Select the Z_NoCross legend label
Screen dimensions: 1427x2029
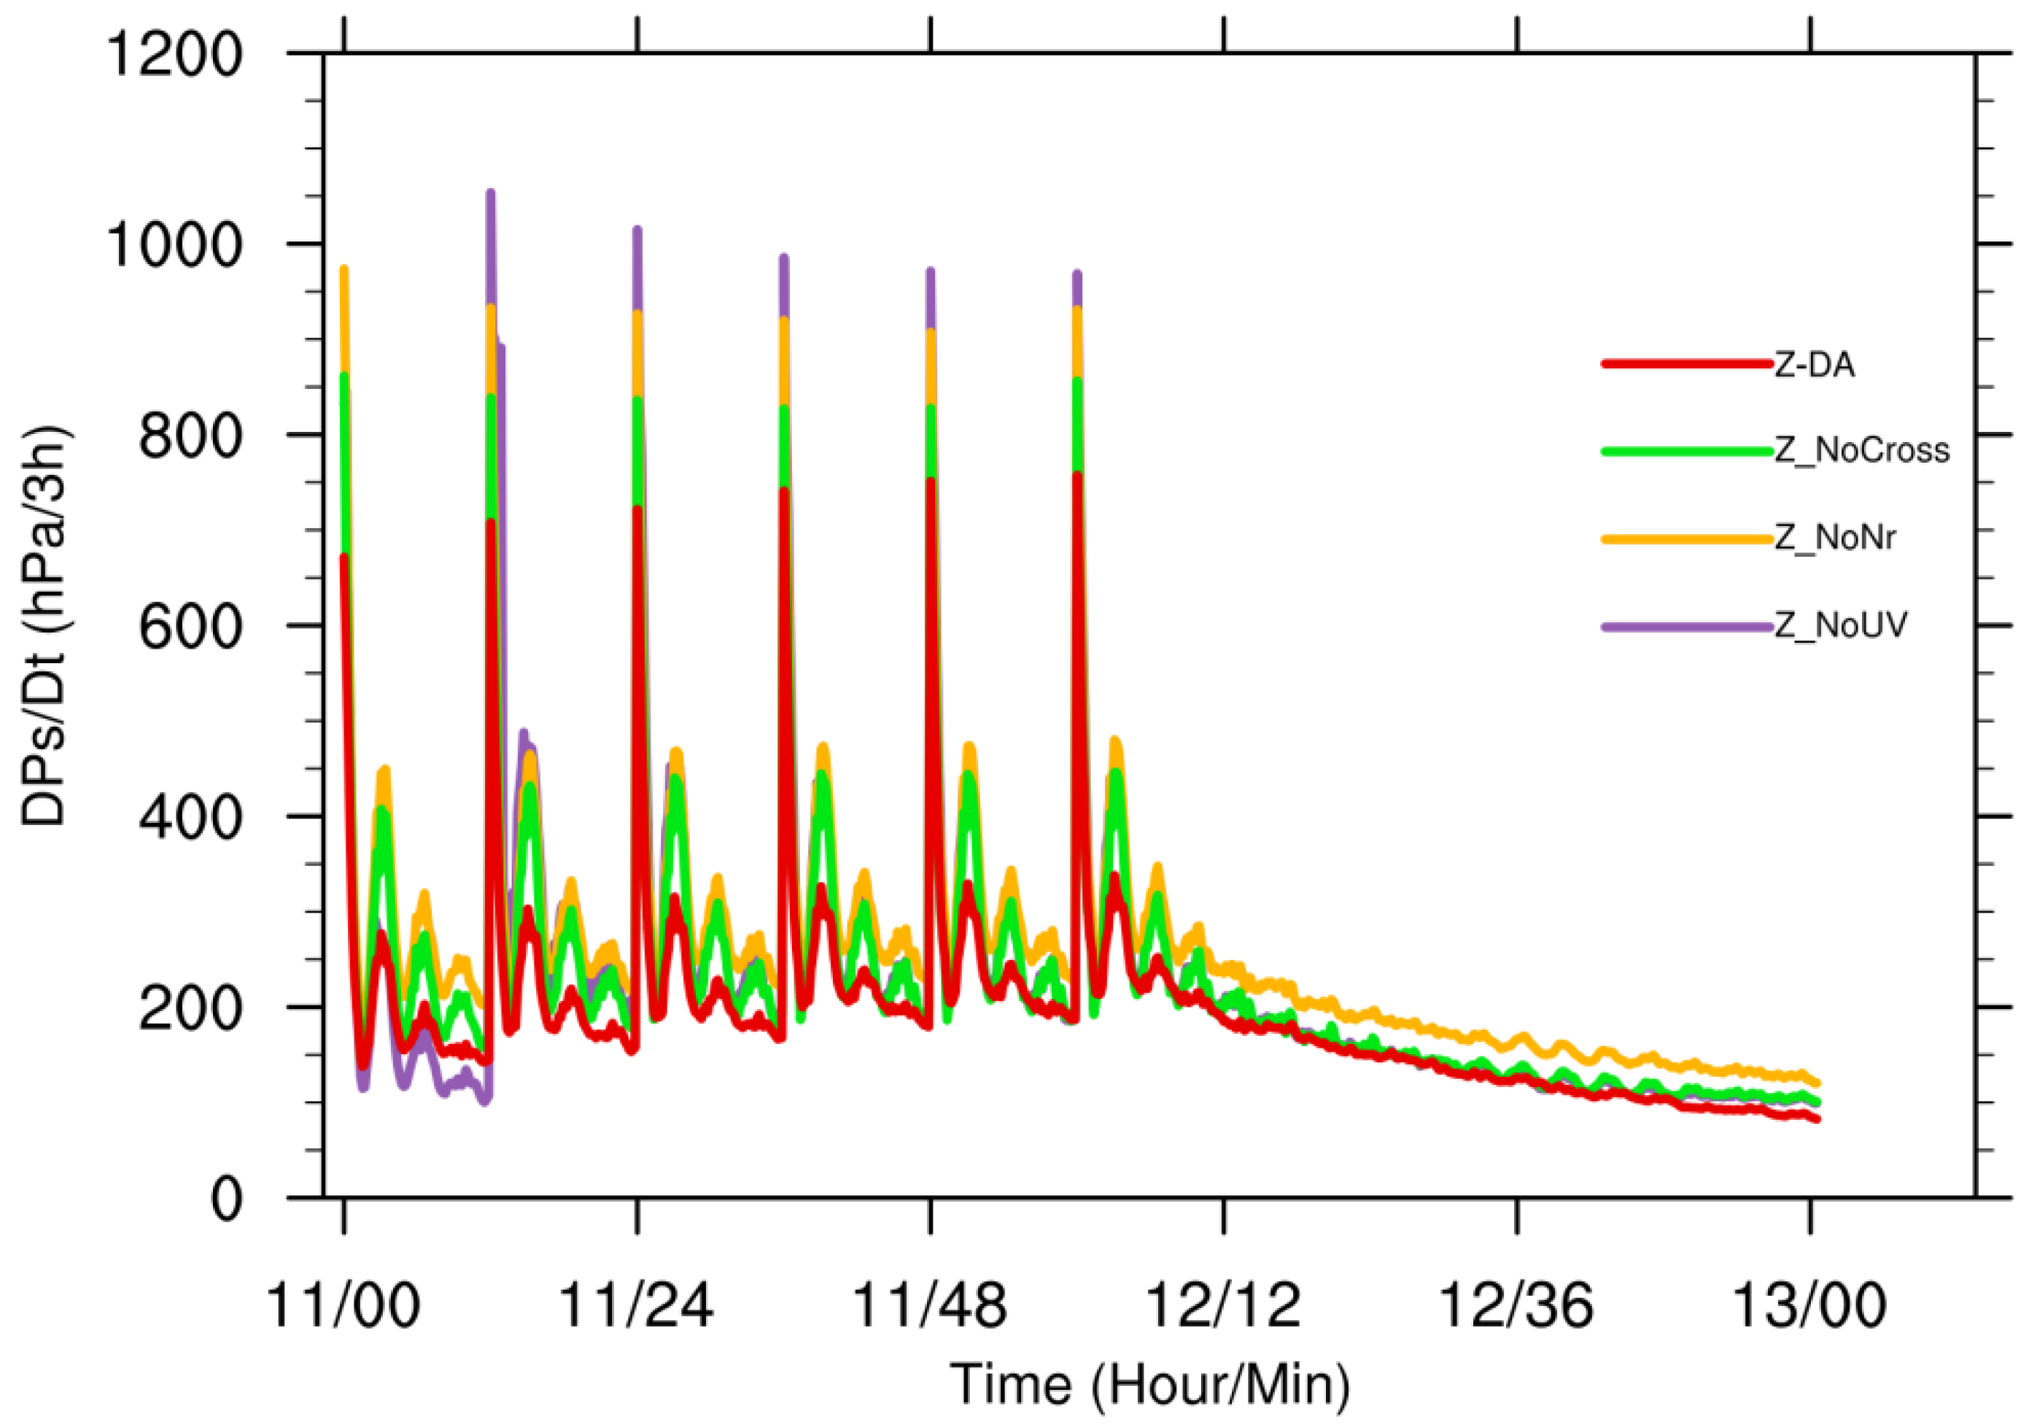click(1862, 451)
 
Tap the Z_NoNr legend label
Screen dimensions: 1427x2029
click(1834, 538)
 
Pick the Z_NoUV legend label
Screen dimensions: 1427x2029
click(1841, 625)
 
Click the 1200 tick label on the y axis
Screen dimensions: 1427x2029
click(173, 55)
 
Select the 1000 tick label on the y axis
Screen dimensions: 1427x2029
click(173, 245)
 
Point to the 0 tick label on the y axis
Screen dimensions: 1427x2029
click(225, 1201)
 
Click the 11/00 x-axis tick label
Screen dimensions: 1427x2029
click(343, 1306)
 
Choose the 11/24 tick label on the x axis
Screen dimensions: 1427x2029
click(636, 1306)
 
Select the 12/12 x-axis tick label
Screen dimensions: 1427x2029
click(1223, 1306)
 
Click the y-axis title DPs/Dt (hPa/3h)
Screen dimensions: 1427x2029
click(44, 627)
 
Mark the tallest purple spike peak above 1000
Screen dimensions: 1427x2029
click(490, 193)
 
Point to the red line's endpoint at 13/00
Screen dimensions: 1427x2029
click(1817, 1119)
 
